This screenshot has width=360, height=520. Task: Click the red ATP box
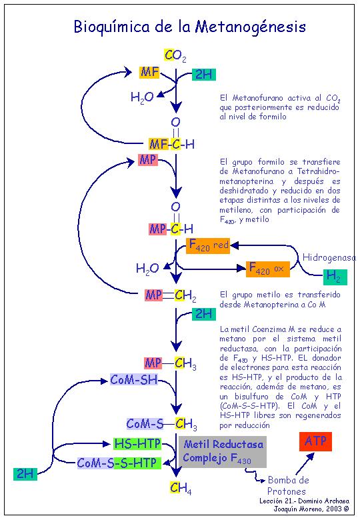pos(315,441)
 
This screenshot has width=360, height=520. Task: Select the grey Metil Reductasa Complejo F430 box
pos(223,452)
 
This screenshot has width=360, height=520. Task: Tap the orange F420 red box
pos(208,246)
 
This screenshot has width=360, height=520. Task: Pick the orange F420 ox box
pos(268,269)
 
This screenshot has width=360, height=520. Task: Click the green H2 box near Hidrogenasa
pos(335,277)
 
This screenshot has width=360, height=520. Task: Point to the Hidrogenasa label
pos(329,257)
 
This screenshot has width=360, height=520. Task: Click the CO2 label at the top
pos(175,56)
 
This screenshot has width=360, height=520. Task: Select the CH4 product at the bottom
pos(181,487)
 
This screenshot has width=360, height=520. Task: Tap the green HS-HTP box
pos(137,443)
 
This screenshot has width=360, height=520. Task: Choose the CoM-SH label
pos(134,379)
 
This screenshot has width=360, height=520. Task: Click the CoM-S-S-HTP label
pos(119,463)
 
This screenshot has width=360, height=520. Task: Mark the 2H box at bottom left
pos(25,473)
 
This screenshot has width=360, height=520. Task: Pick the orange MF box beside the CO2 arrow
pos(149,72)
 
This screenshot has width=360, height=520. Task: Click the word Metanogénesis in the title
pos(250,27)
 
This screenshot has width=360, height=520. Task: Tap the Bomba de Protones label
pos(287,485)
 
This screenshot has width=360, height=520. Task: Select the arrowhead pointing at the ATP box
pos(310,457)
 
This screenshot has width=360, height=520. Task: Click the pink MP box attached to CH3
pos(153,363)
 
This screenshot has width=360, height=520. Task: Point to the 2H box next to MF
pos(204,74)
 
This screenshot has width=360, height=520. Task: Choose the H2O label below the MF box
pos(142,97)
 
